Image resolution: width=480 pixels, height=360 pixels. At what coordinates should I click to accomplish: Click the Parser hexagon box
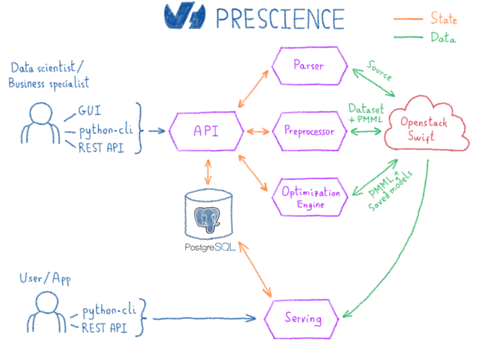coord(309,65)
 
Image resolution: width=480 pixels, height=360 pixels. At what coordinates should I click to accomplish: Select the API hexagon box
coord(206,132)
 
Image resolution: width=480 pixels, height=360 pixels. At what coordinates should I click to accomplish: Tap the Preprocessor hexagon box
coord(309,131)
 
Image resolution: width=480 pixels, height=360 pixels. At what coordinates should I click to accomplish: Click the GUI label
coord(90,112)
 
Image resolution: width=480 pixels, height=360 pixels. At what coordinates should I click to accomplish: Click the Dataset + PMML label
coord(366,114)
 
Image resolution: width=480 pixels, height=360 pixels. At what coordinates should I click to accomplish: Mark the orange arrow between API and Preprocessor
coord(257,132)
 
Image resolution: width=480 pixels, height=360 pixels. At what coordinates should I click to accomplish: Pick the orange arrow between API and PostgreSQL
coord(207,173)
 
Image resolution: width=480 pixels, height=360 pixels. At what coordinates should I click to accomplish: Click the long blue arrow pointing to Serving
coord(202,319)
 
